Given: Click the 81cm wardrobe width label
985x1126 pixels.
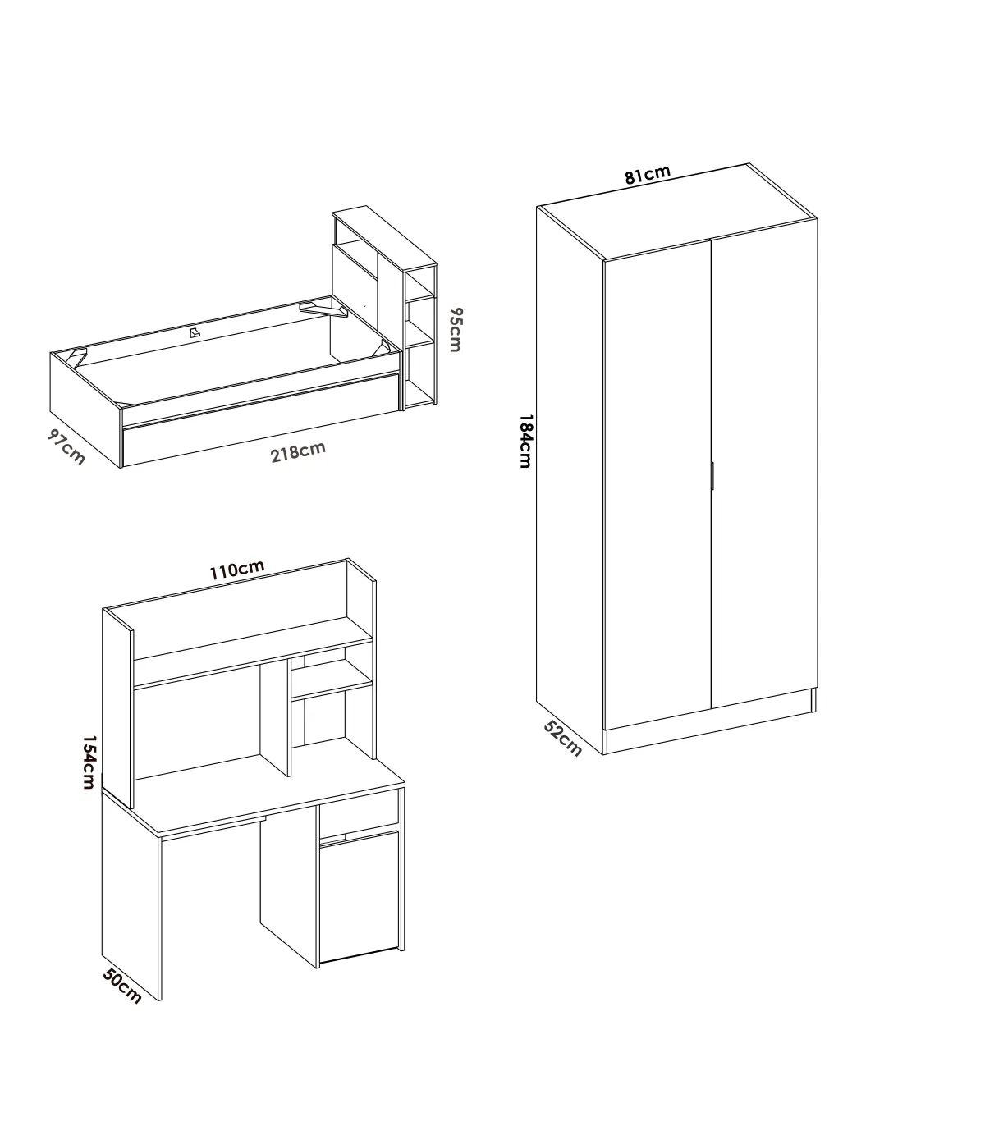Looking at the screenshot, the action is tap(647, 175).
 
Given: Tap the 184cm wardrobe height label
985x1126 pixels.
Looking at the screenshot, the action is tap(526, 442).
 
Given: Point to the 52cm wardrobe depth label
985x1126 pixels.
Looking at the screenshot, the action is tap(562, 739).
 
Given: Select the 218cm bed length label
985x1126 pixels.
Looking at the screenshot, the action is tap(298, 452).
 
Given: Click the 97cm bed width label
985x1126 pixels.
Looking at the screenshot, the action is tap(66, 446).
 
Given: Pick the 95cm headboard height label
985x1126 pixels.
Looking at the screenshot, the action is tap(456, 330).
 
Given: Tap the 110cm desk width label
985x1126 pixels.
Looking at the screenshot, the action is tap(237, 570).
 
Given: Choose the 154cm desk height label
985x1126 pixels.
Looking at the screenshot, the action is tap(89, 762).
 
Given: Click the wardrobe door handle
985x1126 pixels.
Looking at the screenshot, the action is tap(712, 475).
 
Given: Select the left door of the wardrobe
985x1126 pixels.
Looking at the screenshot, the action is tap(657, 484).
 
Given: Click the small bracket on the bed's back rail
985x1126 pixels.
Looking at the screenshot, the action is tap(195, 332).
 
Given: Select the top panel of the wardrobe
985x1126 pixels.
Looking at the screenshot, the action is tap(677, 212).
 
